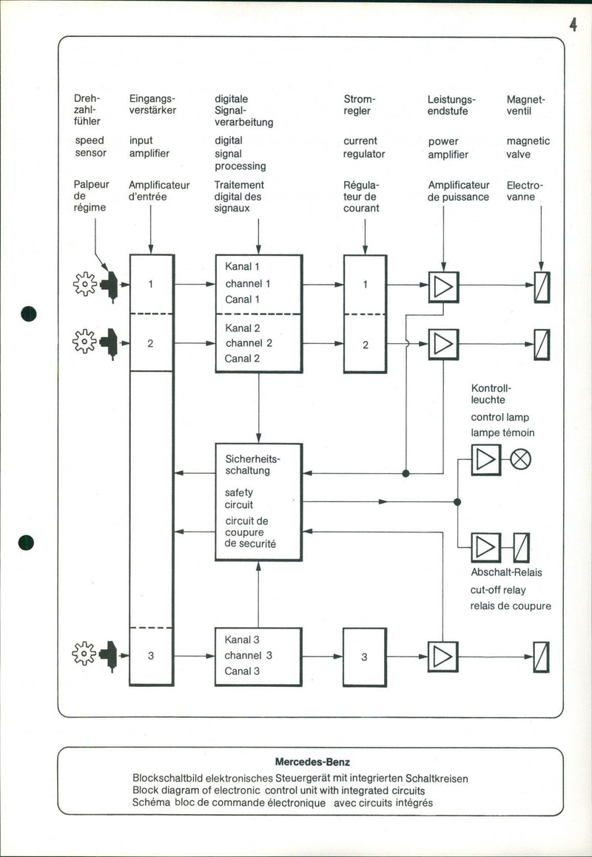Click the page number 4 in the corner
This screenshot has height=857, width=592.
573,24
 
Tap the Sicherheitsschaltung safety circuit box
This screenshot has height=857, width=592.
258,501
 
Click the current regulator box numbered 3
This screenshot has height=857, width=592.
364,657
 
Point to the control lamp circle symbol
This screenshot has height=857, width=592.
521,459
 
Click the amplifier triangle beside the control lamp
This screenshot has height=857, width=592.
485,459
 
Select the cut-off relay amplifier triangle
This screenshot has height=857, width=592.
485,546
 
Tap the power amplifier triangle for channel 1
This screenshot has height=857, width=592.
443,286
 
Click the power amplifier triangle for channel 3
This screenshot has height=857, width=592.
443,657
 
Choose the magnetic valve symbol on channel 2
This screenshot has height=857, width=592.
542,344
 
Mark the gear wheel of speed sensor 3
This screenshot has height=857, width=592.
84,654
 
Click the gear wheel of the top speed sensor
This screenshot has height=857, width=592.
84,284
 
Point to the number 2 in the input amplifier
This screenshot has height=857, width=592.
150,344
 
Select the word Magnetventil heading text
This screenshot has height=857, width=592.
525,105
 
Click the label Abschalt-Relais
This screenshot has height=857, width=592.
506,573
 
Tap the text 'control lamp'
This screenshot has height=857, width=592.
499,418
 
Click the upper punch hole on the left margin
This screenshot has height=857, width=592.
29,313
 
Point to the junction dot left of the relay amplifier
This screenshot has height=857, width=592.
457,502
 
